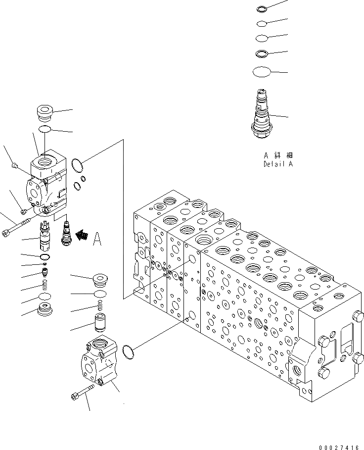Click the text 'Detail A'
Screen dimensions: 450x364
click(x=277, y=164)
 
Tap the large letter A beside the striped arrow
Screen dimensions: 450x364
click(x=97, y=240)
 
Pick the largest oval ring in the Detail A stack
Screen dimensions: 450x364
click(x=262, y=72)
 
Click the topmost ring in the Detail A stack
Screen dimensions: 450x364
click(x=262, y=8)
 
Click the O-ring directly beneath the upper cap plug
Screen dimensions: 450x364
click(x=45, y=130)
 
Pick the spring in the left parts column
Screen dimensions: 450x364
click(x=45, y=285)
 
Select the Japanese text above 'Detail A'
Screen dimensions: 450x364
click(x=277, y=155)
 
